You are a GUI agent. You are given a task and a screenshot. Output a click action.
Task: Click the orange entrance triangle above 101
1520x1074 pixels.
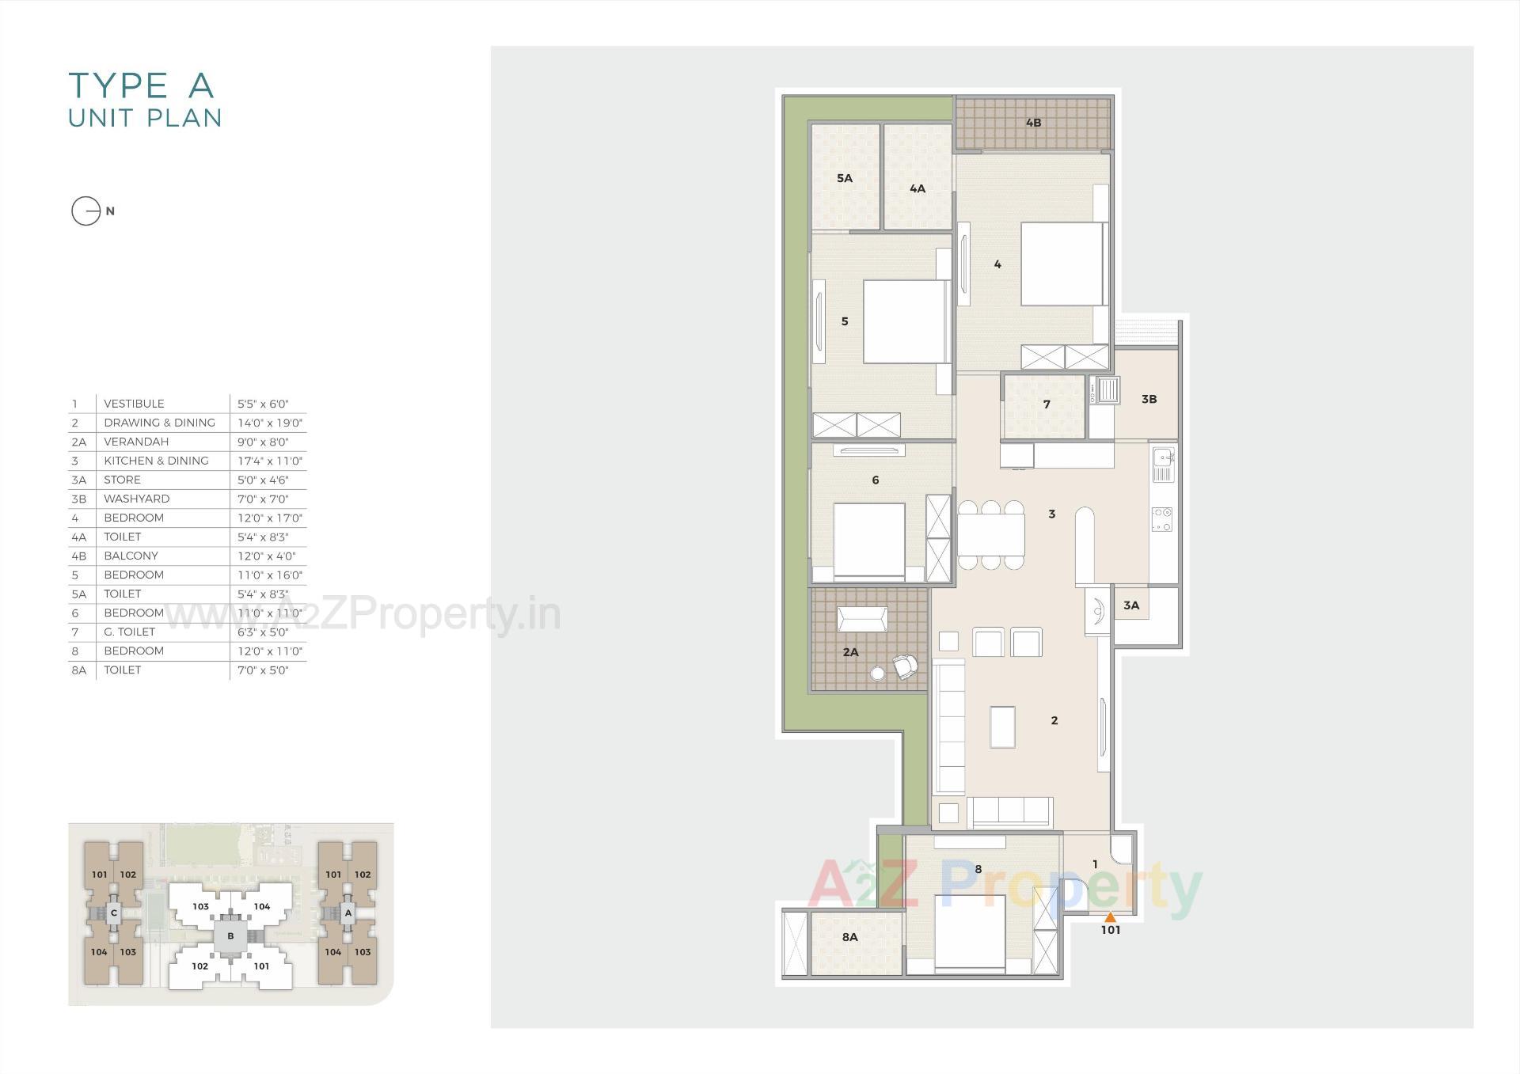1110,917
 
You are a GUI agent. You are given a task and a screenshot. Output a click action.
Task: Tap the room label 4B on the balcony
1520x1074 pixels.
1033,123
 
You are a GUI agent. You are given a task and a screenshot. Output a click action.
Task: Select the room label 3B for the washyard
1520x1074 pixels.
1149,400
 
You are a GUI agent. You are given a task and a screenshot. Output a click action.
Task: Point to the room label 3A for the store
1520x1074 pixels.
1131,605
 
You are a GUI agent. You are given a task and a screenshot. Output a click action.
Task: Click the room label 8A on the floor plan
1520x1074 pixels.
849,937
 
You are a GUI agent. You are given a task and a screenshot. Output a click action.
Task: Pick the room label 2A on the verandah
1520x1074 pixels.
850,652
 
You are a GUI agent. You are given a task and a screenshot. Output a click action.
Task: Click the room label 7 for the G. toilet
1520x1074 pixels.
1047,404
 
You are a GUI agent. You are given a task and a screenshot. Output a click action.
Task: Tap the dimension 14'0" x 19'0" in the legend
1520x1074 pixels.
269,423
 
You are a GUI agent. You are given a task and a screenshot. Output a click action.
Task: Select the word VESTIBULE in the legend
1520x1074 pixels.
134,404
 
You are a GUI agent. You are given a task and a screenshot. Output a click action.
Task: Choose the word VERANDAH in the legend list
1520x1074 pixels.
136,442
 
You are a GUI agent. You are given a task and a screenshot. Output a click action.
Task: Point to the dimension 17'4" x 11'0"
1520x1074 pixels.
269,461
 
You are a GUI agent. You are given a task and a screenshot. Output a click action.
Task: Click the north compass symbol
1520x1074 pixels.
86,211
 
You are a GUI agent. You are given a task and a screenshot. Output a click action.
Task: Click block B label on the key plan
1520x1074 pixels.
230,935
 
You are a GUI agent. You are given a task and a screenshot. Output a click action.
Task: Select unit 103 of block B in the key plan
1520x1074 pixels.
200,907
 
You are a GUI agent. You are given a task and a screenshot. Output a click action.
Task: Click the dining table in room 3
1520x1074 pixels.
990,535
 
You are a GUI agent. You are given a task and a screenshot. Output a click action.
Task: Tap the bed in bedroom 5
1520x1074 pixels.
905,321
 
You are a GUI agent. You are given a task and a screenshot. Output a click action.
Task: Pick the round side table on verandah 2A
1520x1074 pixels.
876,674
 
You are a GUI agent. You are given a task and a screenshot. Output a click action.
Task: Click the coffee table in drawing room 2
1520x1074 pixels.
1002,726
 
